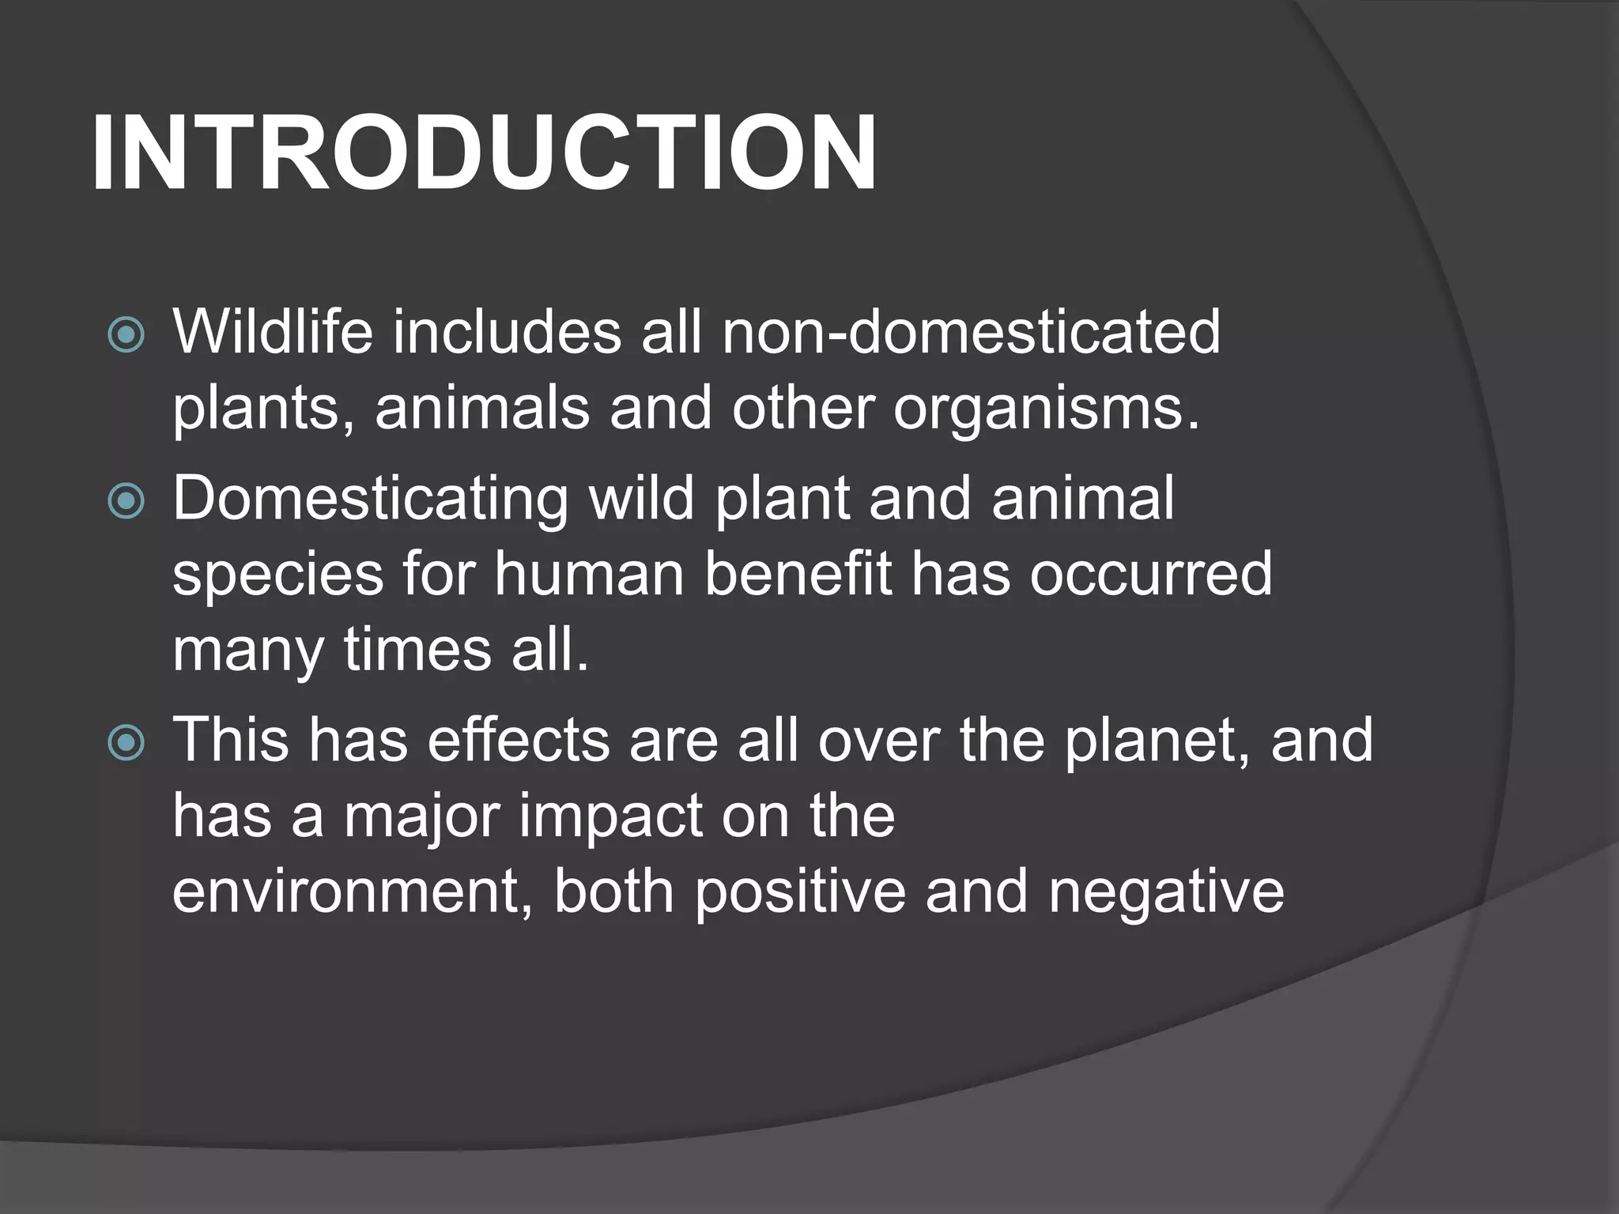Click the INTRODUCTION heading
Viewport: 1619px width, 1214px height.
(484, 153)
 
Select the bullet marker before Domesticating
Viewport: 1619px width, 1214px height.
(126, 500)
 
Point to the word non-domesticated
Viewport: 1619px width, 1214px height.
(971, 332)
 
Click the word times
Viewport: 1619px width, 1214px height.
(417, 651)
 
